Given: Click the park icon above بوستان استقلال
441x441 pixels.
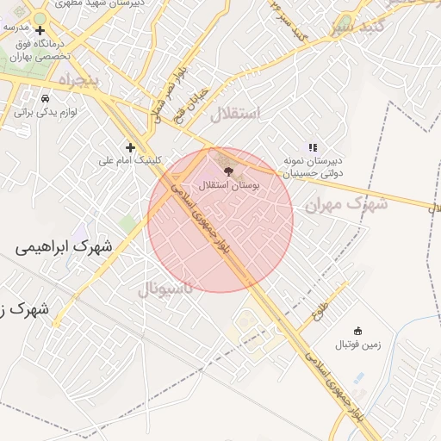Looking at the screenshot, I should point(227,171).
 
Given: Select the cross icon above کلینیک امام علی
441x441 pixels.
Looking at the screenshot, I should point(130,146).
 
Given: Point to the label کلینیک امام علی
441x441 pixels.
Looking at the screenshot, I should point(130,159).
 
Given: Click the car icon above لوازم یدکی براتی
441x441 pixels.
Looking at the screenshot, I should point(45,99).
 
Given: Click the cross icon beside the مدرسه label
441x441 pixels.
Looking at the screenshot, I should point(40,30).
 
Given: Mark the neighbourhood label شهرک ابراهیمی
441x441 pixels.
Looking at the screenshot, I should point(64,246).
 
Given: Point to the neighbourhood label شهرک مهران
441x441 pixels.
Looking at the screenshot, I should point(342,204).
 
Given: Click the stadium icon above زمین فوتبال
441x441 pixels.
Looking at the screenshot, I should point(357,331).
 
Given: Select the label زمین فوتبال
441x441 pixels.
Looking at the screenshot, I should point(357,345).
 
